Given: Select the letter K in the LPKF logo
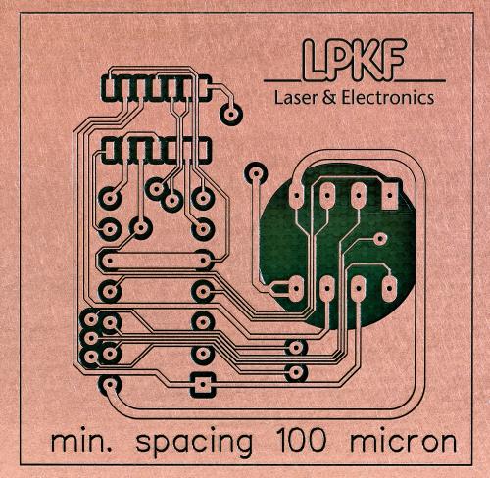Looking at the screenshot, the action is pyautogui.click(x=367, y=61).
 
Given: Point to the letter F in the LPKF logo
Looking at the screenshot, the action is pyautogui.click(x=393, y=61).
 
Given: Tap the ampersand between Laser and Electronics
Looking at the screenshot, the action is pyautogui.click(x=330, y=98).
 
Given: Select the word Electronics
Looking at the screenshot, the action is pyautogui.click(x=388, y=98).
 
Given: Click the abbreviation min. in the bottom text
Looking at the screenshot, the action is pyautogui.click(x=81, y=442).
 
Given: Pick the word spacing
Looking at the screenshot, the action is pyautogui.click(x=194, y=444).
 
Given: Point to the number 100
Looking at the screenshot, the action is pyautogui.click(x=301, y=440).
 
